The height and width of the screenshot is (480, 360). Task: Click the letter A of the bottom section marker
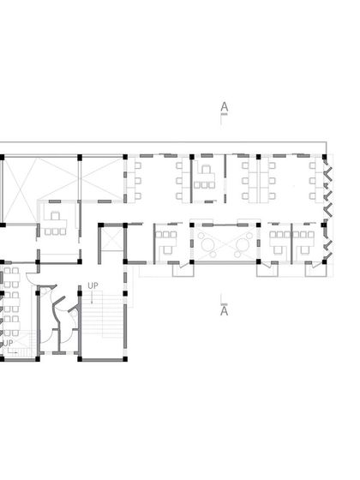[x=224, y=311]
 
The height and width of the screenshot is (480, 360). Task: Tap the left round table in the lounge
[x=207, y=243]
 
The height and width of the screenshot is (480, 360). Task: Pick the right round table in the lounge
[x=243, y=243]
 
